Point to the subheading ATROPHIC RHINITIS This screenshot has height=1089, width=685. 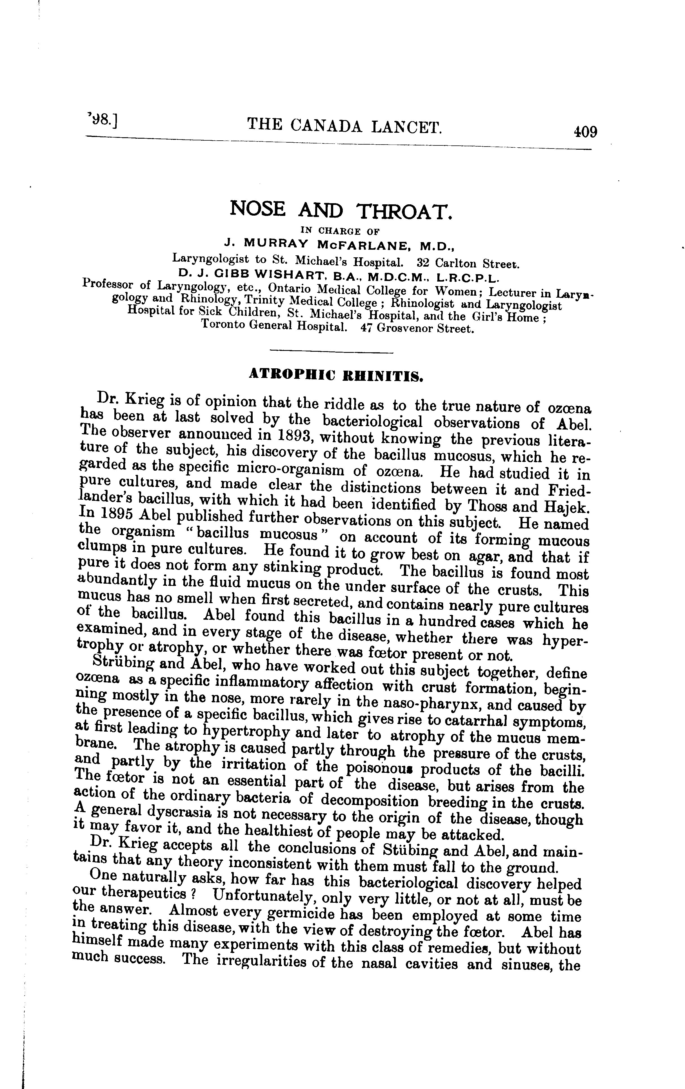coord(336,375)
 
